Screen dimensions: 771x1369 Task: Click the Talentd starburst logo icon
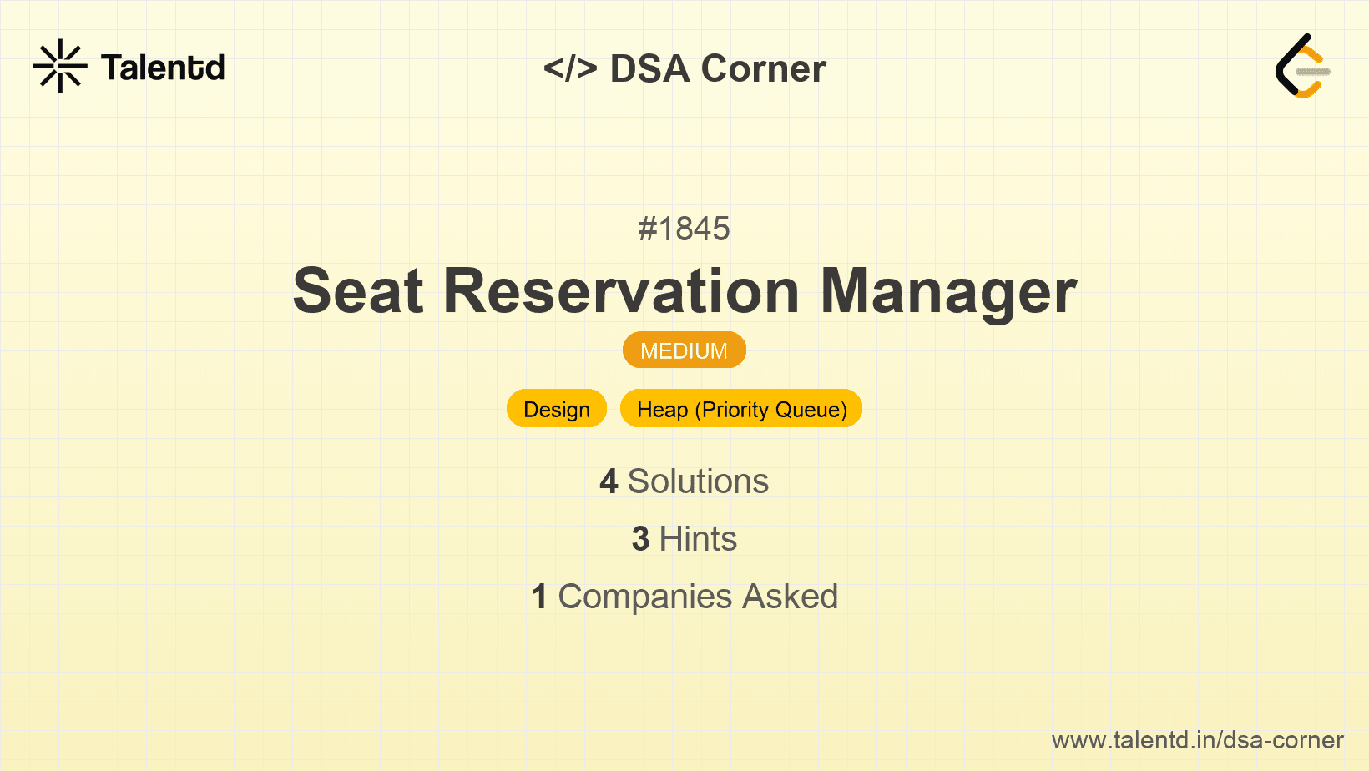pyautogui.click(x=60, y=66)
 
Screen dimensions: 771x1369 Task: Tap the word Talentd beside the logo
pyautogui.click(x=163, y=68)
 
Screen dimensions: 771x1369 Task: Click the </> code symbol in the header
pyautogui.click(x=570, y=68)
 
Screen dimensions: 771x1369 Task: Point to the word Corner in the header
pyautogui.click(x=763, y=68)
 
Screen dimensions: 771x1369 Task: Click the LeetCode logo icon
pyautogui.click(x=1302, y=67)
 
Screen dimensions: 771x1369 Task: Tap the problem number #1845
pyautogui.click(x=684, y=229)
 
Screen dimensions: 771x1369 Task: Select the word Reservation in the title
pyautogui.click(x=621, y=291)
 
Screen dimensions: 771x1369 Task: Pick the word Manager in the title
pyautogui.click(x=948, y=291)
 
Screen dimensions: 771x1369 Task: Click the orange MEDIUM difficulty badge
pyautogui.click(x=684, y=350)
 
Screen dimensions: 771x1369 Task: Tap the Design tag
pyautogui.click(x=557, y=409)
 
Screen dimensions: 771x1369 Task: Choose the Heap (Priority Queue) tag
pyautogui.click(x=741, y=409)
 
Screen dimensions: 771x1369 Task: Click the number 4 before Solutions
pyautogui.click(x=609, y=481)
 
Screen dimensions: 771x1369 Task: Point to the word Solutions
pyautogui.click(x=698, y=481)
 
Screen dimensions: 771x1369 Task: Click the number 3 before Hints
pyautogui.click(x=640, y=539)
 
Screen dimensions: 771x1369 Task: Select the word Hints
pyautogui.click(x=698, y=539)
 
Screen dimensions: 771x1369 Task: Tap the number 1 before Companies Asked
pyautogui.click(x=539, y=597)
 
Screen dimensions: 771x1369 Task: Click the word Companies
pyautogui.click(x=645, y=597)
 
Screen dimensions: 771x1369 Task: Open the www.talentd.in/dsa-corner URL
pyautogui.click(x=1197, y=740)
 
